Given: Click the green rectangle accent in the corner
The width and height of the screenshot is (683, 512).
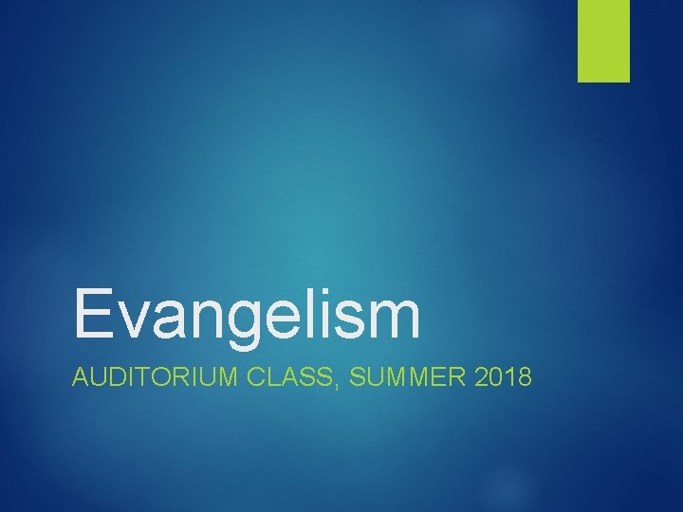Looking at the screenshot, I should click(x=603, y=40).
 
